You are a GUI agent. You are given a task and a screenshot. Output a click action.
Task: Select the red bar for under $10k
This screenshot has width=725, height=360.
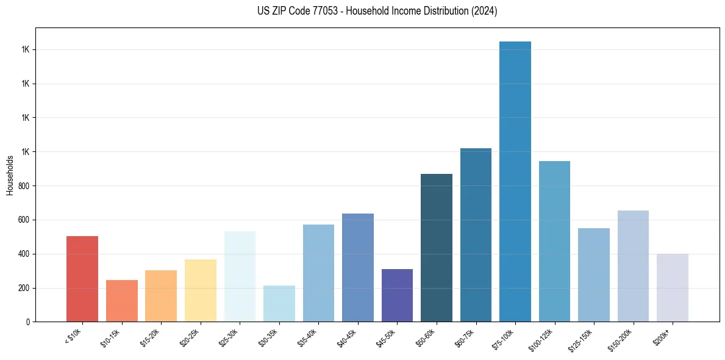[x=82, y=279]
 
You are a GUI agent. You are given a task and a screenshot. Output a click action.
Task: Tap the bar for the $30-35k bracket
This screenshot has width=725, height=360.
[x=279, y=303]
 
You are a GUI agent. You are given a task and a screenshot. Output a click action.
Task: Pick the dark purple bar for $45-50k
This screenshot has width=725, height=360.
[x=397, y=295]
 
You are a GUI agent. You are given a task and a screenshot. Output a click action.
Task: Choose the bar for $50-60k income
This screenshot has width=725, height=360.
[x=437, y=248]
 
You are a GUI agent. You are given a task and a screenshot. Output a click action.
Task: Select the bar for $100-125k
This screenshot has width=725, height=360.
[x=554, y=241]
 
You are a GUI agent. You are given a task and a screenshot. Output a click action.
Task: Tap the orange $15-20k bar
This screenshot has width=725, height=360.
[x=161, y=296]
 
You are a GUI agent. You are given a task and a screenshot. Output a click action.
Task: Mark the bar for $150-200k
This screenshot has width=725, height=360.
[x=633, y=266]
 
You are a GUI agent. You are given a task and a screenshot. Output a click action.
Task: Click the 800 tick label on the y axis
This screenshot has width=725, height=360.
[x=24, y=185]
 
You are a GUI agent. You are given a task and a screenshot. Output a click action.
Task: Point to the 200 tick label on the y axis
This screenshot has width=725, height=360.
[x=24, y=288]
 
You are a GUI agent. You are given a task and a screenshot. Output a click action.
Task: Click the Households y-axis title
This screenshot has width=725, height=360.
[x=10, y=175]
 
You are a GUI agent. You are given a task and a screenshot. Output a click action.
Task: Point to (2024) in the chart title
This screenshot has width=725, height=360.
[x=484, y=11]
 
